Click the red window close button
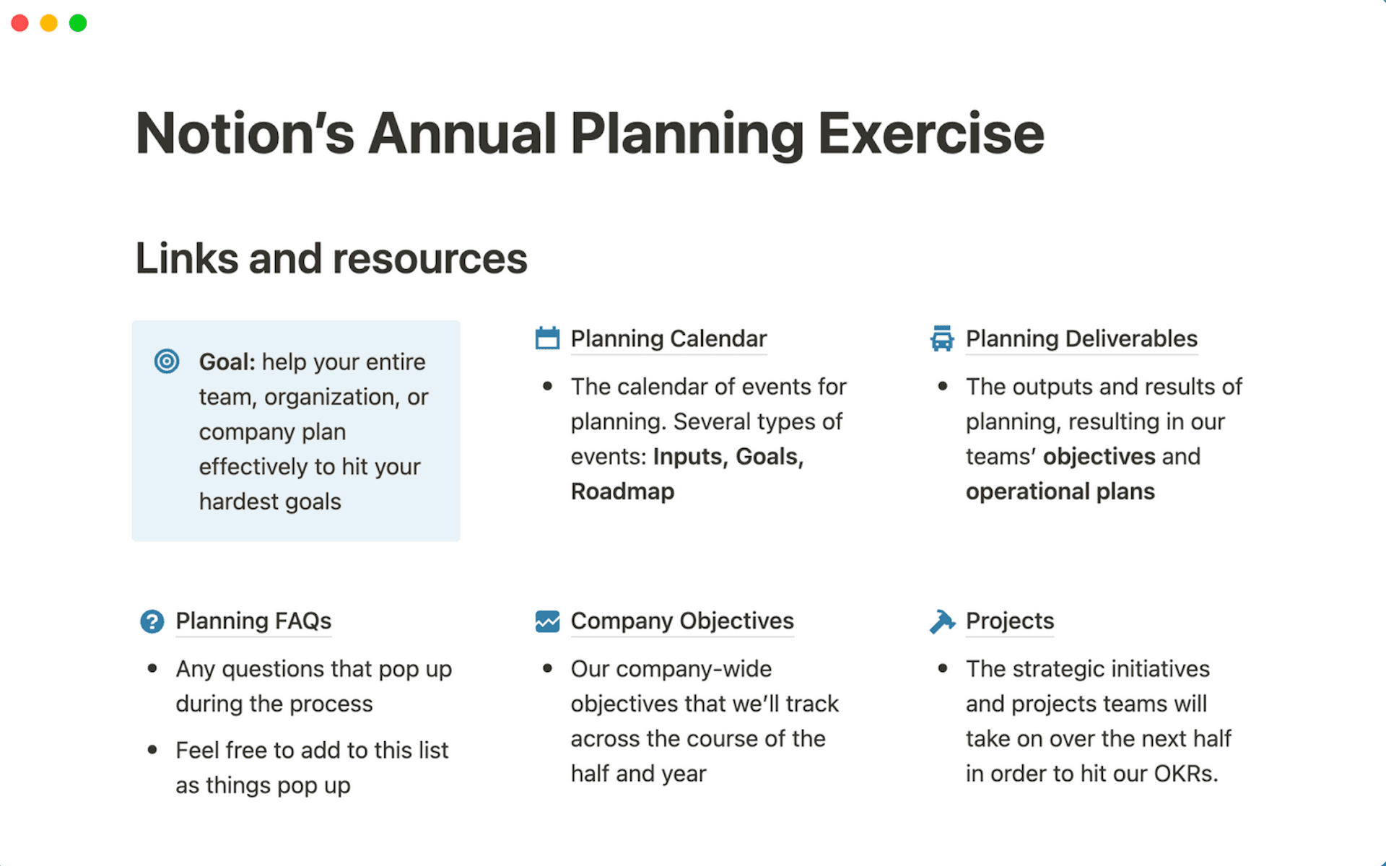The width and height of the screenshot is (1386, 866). (20, 23)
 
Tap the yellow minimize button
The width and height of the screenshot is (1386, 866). (49, 23)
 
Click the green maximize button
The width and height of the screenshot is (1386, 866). (78, 23)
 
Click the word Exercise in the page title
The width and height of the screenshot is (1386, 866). (930, 134)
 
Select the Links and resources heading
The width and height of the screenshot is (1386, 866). (331, 258)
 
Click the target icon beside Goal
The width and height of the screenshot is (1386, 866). (167, 361)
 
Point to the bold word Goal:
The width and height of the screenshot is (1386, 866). (227, 362)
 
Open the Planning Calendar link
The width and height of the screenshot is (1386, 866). (668, 338)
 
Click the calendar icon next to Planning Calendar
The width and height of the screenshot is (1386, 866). (547, 338)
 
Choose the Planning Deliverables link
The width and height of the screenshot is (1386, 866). (1081, 338)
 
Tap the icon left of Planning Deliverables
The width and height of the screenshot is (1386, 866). (942, 338)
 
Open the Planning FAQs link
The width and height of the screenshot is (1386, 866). (253, 621)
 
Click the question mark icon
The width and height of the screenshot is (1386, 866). (152, 621)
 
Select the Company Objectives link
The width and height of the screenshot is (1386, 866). (682, 621)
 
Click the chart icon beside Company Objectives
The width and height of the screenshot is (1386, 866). (547, 621)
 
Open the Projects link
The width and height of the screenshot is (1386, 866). (1010, 621)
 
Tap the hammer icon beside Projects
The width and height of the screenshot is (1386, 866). (942, 621)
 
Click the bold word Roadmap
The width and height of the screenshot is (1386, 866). (622, 491)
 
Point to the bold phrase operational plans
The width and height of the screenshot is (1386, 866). (1060, 491)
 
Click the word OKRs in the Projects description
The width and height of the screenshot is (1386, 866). (1184, 774)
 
